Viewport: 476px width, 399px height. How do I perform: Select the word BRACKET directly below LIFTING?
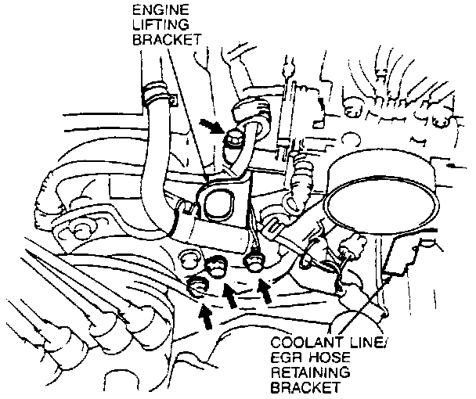167,41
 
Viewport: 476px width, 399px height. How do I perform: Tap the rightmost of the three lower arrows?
265,292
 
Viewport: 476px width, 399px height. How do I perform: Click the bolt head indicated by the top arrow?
232,140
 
